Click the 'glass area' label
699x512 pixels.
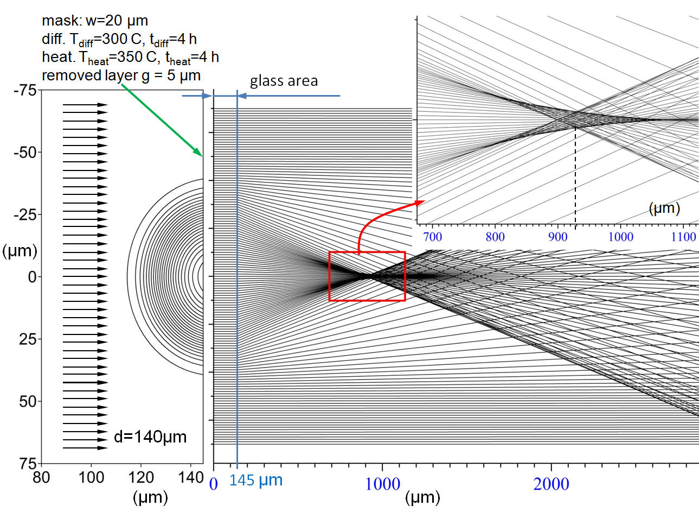click(284, 81)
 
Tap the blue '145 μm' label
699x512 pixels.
click(256, 481)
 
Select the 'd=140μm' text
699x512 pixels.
click(150, 437)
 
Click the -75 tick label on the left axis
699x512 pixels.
click(25, 91)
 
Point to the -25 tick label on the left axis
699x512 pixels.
click(25, 215)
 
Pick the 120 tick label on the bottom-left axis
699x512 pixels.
click(141, 478)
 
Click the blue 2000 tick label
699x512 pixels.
click(551, 484)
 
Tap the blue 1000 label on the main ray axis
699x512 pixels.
click(382, 484)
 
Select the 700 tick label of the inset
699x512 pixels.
click(433, 237)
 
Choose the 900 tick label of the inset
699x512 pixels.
click(558, 237)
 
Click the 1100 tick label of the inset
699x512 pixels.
click(683, 237)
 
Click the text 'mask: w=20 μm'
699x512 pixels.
click(95, 21)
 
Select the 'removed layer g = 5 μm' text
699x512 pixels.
click(121, 76)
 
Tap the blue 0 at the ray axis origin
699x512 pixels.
click(214, 484)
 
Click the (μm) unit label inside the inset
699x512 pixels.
click(664, 208)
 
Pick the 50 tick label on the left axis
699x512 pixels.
click(28, 402)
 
